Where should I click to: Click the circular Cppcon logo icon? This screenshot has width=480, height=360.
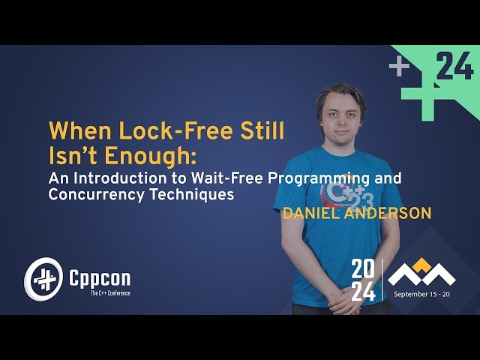point(43,279)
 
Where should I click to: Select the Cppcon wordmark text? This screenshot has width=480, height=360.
point(99,278)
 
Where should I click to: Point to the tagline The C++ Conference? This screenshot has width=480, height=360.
point(99,293)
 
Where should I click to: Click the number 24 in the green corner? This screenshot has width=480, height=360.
point(454,68)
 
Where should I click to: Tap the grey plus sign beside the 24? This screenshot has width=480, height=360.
point(400,68)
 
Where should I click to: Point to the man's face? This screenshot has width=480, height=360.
point(339,116)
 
